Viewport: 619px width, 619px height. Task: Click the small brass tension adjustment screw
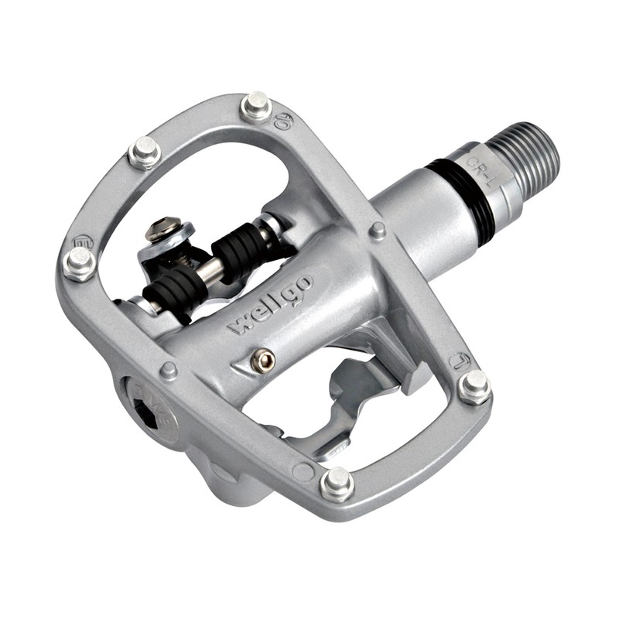(266, 358)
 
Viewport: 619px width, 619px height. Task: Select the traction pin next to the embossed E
(80, 263)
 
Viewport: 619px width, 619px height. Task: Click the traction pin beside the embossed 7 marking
(474, 385)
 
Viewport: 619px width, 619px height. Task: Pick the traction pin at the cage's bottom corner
(337, 483)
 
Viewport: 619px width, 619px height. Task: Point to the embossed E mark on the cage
(84, 241)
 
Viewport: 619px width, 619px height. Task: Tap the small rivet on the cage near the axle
(378, 230)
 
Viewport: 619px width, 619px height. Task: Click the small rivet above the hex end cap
(168, 371)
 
